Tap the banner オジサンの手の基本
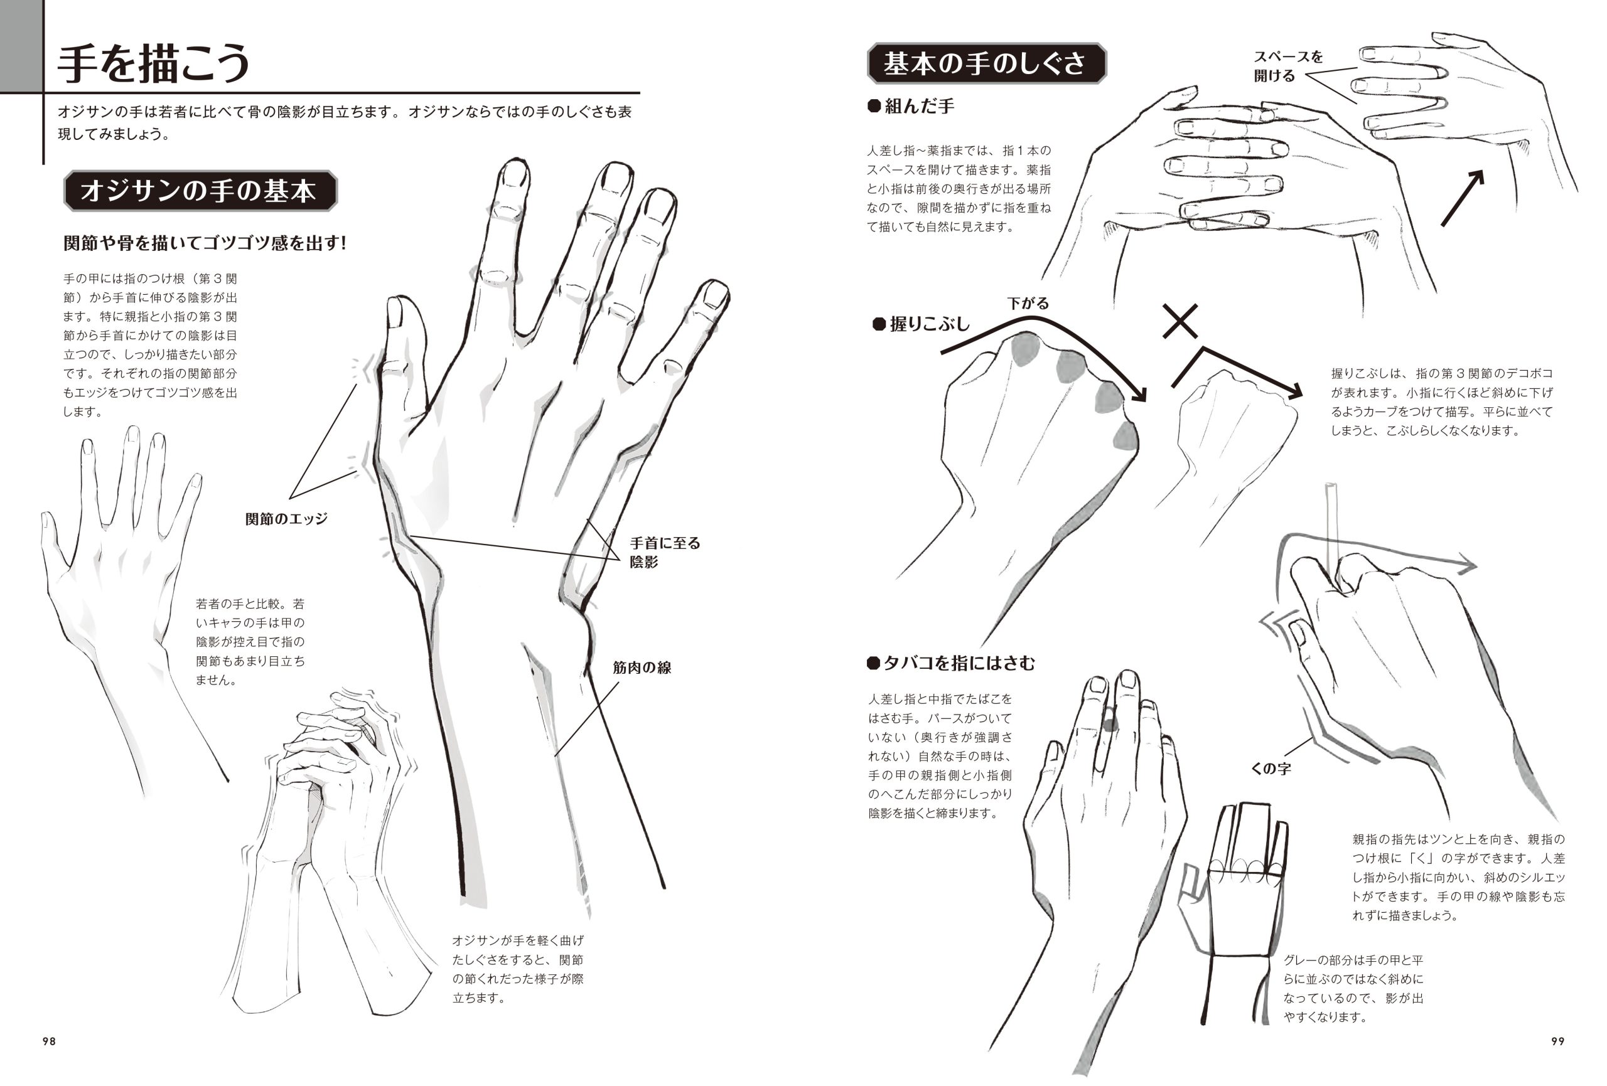click(x=200, y=191)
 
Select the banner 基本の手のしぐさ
click(x=986, y=63)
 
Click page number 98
click(x=49, y=1041)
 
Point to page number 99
click(x=1558, y=1041)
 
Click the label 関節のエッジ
click(x=286, y=518)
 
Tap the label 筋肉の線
click(x=642, y=667)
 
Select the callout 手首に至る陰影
click(x=665, y=552)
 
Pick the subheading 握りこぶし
click(x=922, y=324)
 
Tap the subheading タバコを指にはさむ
click(x=952, y=663)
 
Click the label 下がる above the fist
click(x=1028, y=303)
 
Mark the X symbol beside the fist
click(x=1180, y=321)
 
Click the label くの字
click(x=1271, y=768)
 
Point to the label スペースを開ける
click(x=1287, y=66)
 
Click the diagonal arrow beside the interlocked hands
click(x=1463, y=198)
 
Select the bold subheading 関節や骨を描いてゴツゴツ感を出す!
click(x=205, y=243)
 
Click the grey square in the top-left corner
click(x=21, y=46)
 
